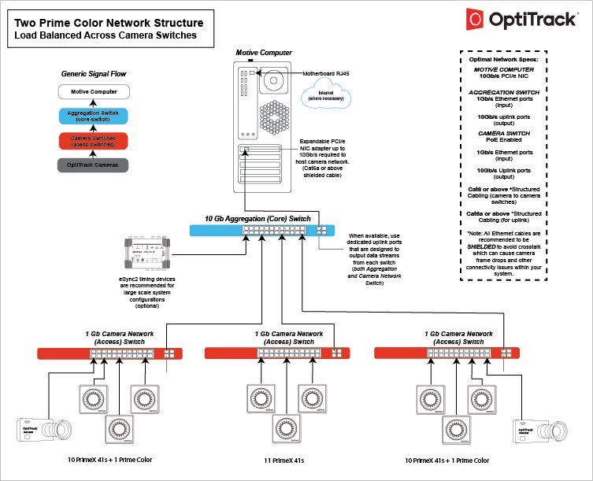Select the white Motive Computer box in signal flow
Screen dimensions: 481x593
(x=94, y=92)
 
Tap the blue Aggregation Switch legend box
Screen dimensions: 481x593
(x=94, y=117)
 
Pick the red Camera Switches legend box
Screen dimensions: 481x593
(x=94, y=141)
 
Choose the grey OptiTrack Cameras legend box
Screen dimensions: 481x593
(x=94, y=165)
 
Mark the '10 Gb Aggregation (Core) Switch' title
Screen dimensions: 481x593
(x=258, y=218)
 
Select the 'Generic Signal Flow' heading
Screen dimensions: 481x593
(x=94, y=74)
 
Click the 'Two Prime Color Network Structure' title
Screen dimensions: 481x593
(x=109, y=23)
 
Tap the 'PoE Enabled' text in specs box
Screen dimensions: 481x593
(x=505, y=141)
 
